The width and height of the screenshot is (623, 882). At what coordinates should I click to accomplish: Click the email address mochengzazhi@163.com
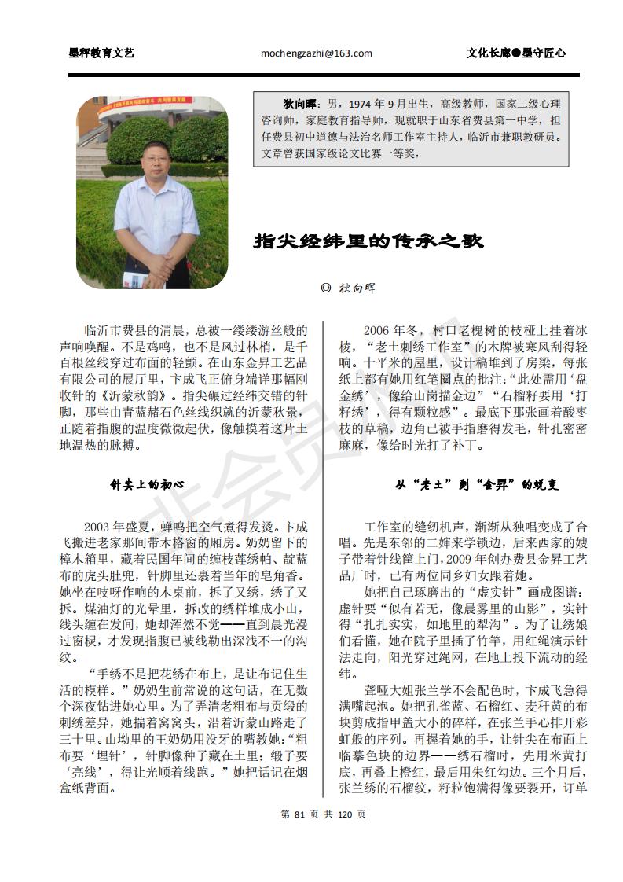pos(316,53)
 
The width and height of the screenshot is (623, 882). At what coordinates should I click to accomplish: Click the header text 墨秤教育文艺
pos(101,53)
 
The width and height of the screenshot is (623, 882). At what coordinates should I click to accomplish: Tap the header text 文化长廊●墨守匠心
pos(515,53)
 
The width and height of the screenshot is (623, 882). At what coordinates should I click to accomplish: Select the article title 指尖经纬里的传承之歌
pos(368,241)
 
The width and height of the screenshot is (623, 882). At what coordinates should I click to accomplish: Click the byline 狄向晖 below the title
pos(357,288)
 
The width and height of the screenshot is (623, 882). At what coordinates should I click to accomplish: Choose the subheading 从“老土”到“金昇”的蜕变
pos(477,485)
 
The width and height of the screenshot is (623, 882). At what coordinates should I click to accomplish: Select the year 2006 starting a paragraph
pos(381,331)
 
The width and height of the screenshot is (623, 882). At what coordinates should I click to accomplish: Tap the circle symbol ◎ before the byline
pos(326,288)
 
